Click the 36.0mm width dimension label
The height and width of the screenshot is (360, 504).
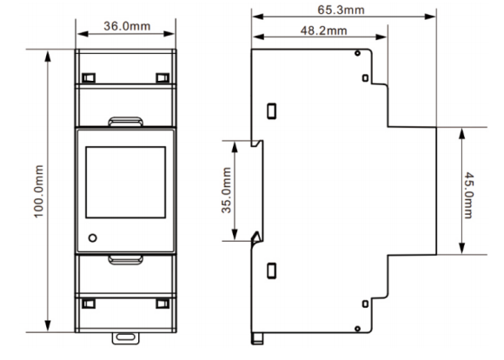(127, 26)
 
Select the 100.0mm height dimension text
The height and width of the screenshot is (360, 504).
(39, 191)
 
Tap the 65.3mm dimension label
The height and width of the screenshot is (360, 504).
(341, 10)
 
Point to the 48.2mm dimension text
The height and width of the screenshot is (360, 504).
(323, 30)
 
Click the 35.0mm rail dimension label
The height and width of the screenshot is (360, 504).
(226, 190)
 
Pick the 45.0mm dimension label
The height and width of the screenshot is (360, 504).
(468, 196)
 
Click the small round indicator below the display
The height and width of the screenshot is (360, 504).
(93, 238)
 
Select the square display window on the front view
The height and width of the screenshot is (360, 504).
(126, 183)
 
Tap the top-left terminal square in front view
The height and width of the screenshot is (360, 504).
(89, 78)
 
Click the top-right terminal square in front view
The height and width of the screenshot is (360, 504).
(162, 78)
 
